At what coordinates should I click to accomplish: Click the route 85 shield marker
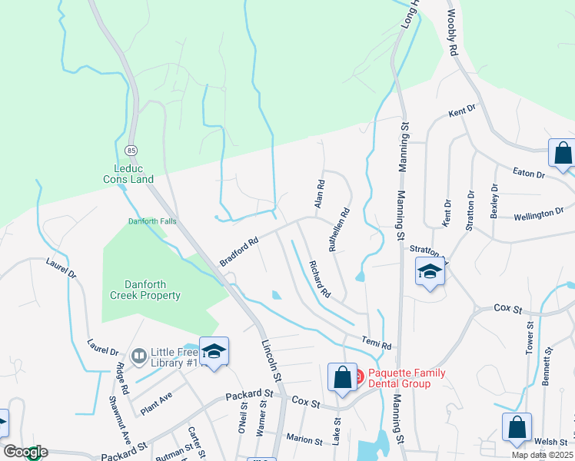point(132,148)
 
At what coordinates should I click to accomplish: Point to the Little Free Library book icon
point(139,355)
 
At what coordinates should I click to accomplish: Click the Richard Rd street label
point(320,280)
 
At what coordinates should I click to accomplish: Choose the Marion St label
point(304,440)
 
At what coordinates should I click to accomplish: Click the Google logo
point(25,452)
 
